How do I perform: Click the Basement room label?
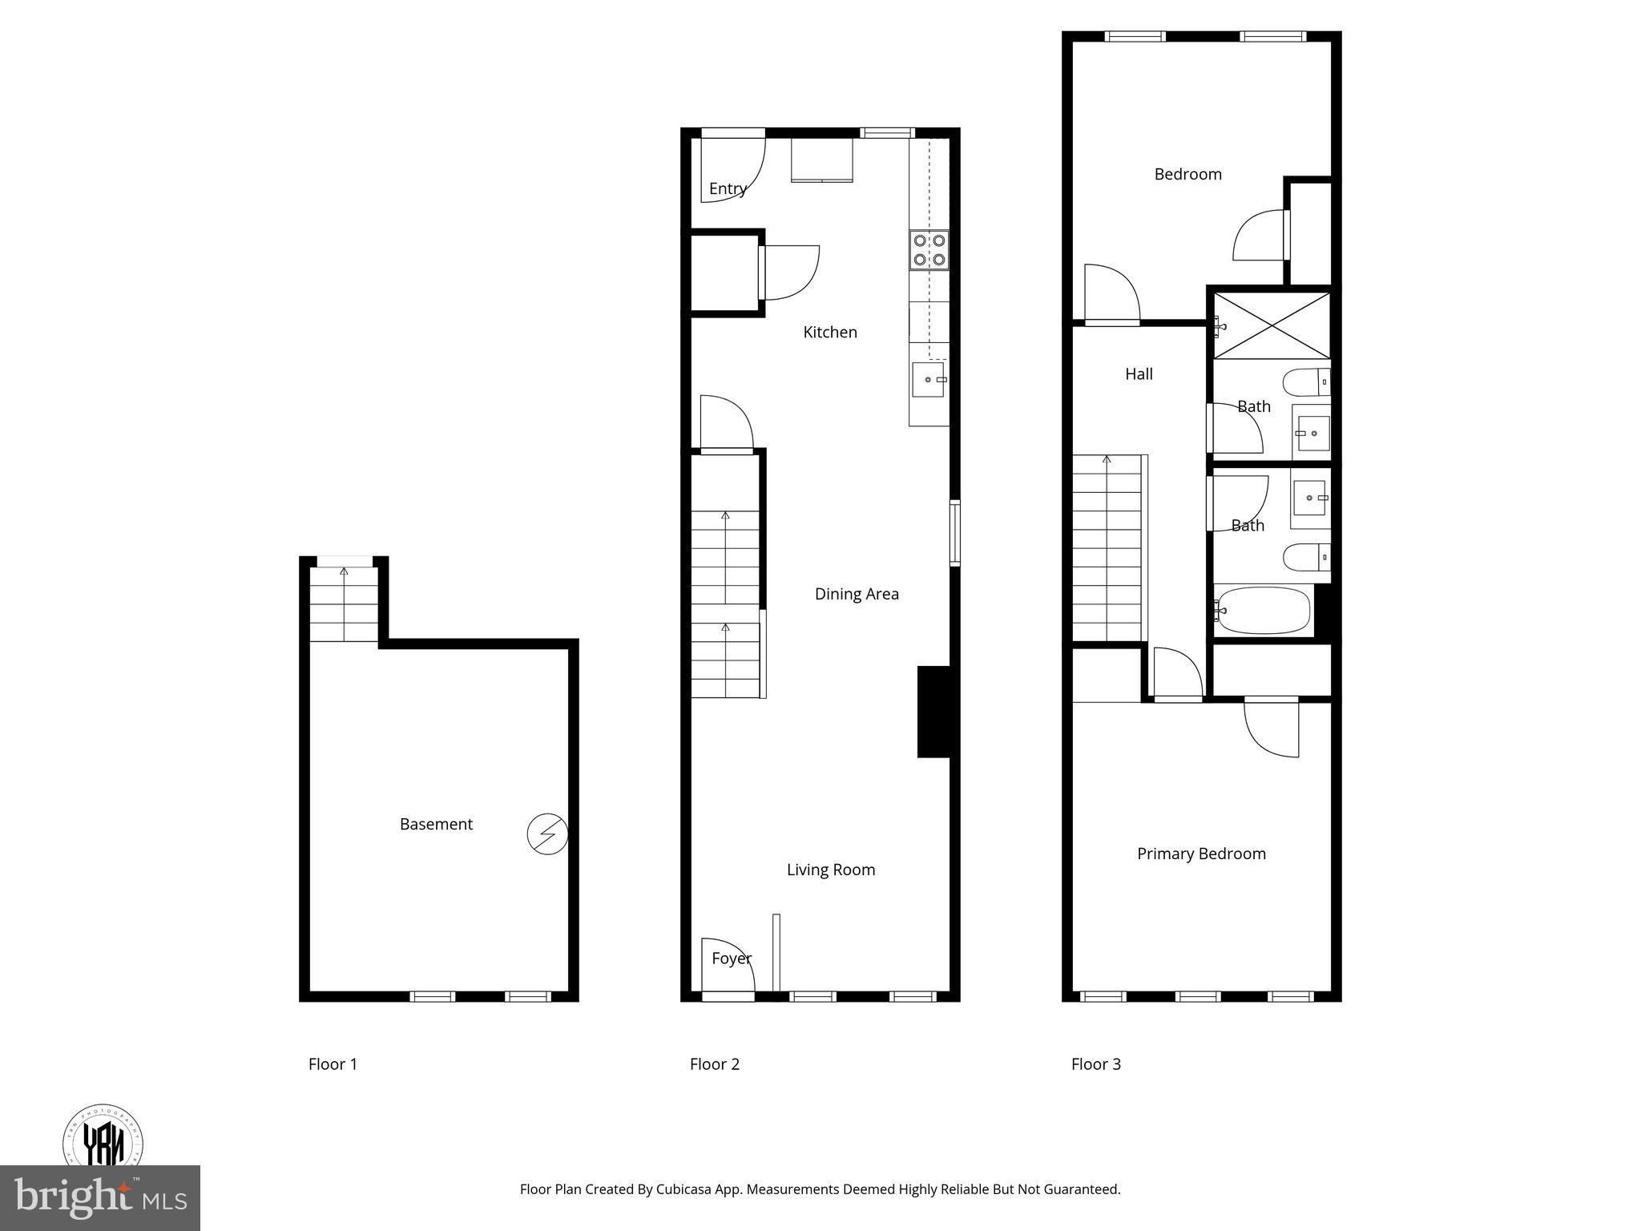tap(436, 824)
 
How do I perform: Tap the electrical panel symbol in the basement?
tap(547, 834)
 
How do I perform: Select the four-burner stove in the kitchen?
tap(929, 250)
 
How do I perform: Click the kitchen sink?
tap(929, 379)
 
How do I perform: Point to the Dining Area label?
tap(857, 594)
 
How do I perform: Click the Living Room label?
tap(831, 870)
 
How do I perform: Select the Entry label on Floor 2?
tap(728, 189)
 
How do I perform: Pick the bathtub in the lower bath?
tap(1264, 611)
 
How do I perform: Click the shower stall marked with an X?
tap(1272, 325)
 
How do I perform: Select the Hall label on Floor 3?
tap(1139, 373)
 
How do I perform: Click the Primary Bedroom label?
tap(1201, 854)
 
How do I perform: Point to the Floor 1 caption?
tap(333, 1064)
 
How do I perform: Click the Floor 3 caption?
tap(1096, 1064)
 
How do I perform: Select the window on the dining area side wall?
tap(954, 533)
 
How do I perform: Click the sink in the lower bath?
tap(1310, 498)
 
